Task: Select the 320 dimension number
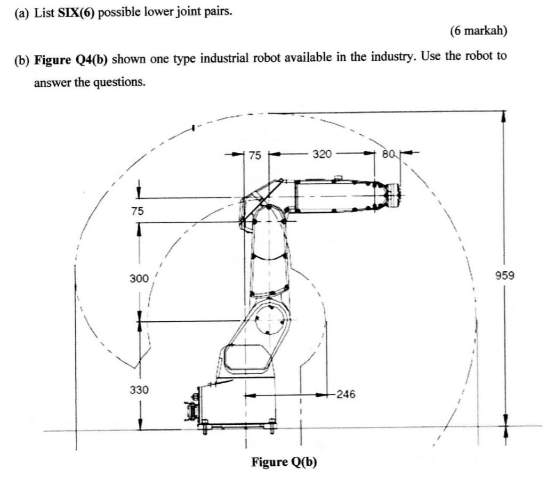click(x=322, y=154)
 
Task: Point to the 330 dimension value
click(x=138, y=390)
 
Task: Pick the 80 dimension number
click(x=388, y=154)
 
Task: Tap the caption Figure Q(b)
click(x=284, y=461)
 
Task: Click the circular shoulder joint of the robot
click(x=271, y=321)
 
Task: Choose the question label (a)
click(x=23, y=12)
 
